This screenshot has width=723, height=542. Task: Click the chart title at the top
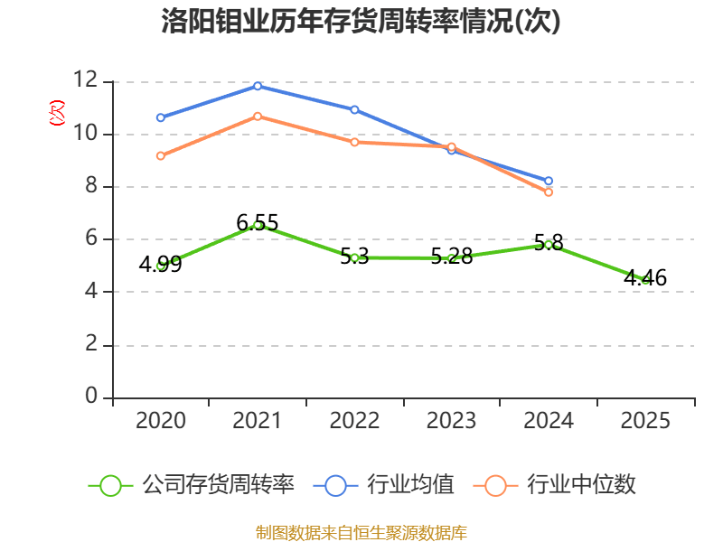361,22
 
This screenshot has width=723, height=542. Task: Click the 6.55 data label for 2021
258,222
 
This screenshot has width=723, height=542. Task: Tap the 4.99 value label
160,264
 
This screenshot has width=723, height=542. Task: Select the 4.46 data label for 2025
645,278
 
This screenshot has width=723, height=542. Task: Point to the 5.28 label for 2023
452,257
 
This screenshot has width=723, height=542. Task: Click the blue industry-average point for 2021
258,86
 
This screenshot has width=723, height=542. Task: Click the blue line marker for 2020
160,117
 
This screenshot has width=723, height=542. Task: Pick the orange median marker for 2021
258,116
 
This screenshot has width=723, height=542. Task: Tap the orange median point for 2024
549,192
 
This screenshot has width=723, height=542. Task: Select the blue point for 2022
354,109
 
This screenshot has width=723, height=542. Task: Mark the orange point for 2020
160,155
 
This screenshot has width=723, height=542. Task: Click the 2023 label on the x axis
452,421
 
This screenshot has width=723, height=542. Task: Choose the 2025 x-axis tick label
645,421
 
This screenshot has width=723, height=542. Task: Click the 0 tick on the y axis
91,397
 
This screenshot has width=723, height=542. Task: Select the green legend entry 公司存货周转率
194,485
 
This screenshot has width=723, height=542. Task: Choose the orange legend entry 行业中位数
562,485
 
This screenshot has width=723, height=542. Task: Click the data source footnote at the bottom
361,532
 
